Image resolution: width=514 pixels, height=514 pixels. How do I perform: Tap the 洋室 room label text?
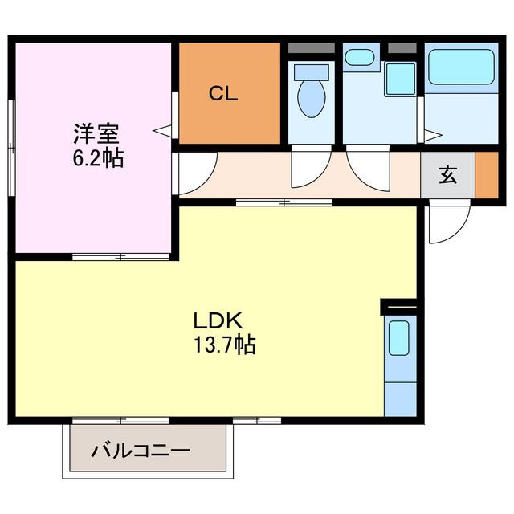(94, 132)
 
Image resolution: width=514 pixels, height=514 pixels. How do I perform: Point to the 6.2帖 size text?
(95, 157)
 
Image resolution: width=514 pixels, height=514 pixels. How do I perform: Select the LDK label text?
(217, 320)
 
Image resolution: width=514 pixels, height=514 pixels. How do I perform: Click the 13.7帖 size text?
(224, 346)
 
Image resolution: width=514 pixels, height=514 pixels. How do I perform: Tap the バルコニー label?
(140, 451)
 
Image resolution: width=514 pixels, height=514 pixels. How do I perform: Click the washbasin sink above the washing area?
(358, 59)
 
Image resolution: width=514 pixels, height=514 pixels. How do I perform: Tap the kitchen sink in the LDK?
(399, 339)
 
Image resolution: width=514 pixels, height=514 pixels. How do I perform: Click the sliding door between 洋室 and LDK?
(120, 257)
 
